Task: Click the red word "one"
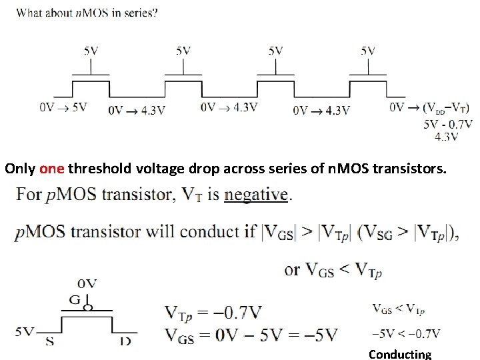51,169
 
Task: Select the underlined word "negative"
257,195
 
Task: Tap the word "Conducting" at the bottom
400,354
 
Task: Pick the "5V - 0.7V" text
447,124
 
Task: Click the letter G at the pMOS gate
75,301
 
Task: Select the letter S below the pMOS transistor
49,341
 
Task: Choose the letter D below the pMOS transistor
125,341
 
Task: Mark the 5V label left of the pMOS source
26,331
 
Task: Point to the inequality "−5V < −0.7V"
406,333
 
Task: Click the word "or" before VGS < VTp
293,270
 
